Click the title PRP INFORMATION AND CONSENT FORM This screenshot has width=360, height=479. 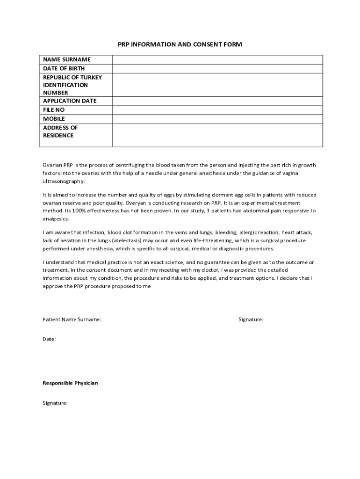(180, 44)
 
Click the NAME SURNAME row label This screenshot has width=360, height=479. (67, 59)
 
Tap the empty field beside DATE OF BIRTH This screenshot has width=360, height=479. (217, 68)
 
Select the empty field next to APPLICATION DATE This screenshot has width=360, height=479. (217, 101)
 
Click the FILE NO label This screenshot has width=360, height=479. (54, 110)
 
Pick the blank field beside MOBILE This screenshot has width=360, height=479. (217, 119)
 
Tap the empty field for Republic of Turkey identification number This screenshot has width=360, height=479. (217, 85)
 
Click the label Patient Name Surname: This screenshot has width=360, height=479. (72, 319)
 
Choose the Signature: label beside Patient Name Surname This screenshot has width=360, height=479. (251, 319)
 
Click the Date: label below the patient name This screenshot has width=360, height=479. (49, 339)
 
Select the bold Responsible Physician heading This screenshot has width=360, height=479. (70, 383)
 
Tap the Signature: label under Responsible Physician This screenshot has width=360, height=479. (55, 402)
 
